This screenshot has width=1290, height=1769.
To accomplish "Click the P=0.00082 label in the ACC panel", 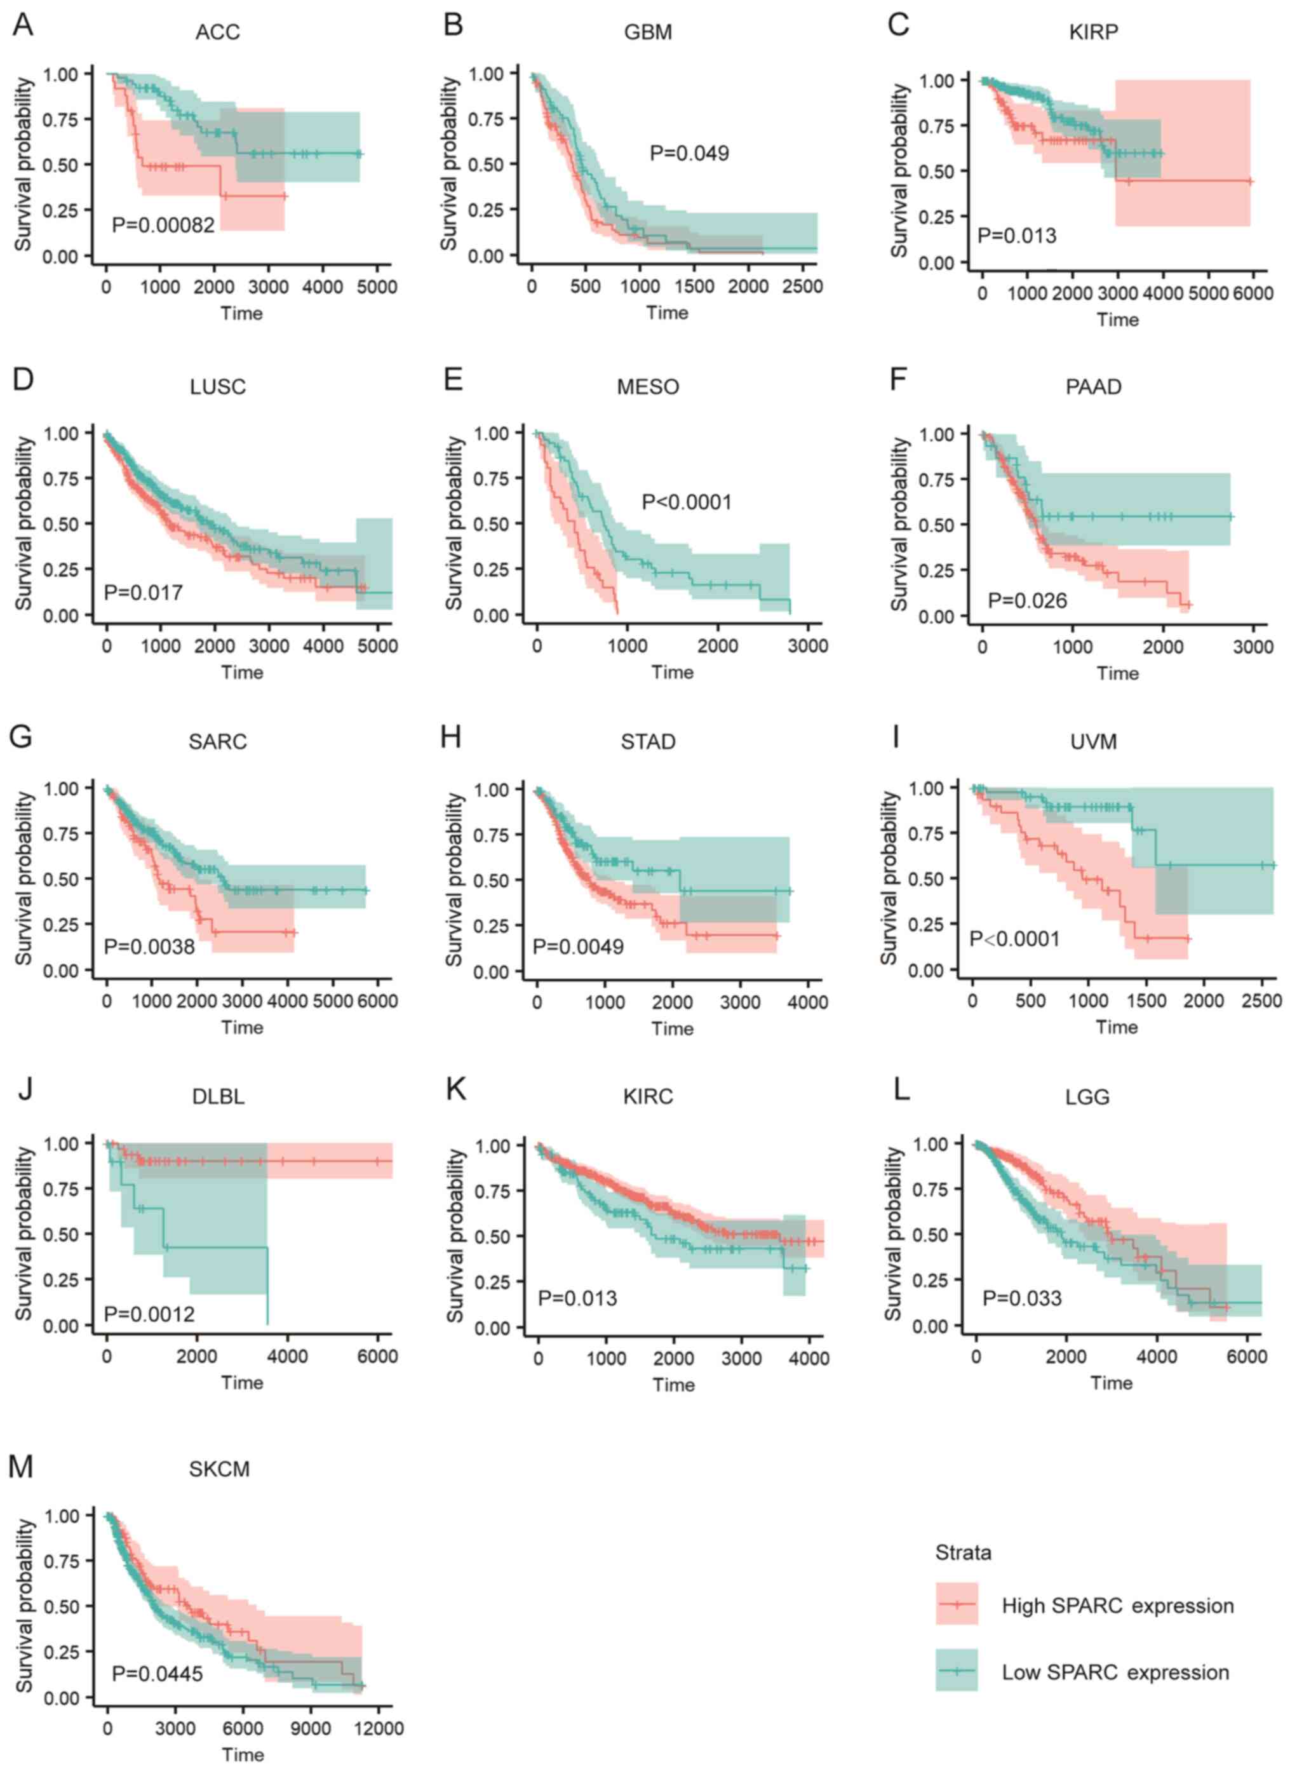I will pos(163,225).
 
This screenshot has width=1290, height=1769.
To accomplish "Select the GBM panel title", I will pos(647,32).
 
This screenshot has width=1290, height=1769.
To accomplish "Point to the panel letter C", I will pos(898,24).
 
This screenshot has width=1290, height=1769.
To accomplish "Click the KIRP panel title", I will pos(1093,32).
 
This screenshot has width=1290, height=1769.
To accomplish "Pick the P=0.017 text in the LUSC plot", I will pos(143,592).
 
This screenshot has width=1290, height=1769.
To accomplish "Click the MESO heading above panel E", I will pos(647,387).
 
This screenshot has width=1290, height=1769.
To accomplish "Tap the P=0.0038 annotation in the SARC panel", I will pos(149,946).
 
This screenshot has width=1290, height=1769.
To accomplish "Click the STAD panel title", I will pos(647,741).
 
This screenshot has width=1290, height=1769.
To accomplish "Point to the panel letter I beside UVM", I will pos(896,736).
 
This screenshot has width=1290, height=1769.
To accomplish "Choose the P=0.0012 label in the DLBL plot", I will pos(149,1314).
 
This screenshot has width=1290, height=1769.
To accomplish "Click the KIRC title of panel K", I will pos(647,1096).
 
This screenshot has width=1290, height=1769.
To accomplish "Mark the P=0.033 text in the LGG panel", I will pos(1021,1298).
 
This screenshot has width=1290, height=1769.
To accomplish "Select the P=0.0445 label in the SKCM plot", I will pos(157,1673).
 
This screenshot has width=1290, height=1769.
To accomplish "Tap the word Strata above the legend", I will pos(963,1552).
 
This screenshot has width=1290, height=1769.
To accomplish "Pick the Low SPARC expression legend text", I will pos(1115,1672).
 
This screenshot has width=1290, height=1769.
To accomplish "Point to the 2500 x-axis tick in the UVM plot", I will pos(1260,1000).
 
